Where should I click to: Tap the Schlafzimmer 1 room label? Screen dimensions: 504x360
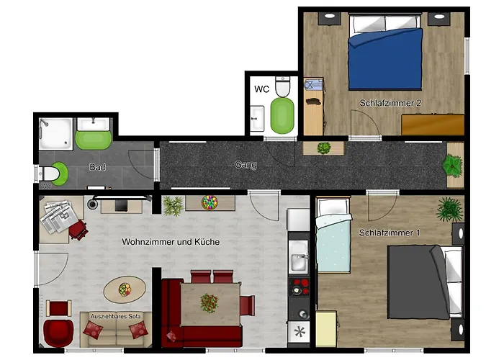point(390,233)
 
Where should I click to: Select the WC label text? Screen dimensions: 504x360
point(261,89)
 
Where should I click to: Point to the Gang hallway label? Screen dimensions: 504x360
point(246,165)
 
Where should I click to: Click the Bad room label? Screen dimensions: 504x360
point(97,167)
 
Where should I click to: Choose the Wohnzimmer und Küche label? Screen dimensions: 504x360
point(171,242)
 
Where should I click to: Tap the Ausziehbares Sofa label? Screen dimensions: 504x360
point(115,316)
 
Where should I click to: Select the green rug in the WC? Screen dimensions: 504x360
point(282,116)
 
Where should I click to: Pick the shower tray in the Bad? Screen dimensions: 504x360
point(56,134)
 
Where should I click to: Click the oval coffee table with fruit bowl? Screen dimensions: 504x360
point(125,289)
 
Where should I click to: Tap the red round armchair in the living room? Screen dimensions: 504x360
point(58,333)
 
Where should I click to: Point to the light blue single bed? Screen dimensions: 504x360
point(333,235)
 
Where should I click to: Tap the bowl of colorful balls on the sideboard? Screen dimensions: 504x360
point(210,203)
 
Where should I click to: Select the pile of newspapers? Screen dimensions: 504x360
point(59,216)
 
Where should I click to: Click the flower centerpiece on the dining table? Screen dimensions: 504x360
point(210,303)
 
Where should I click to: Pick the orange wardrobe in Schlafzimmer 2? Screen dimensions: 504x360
point(433,125)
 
